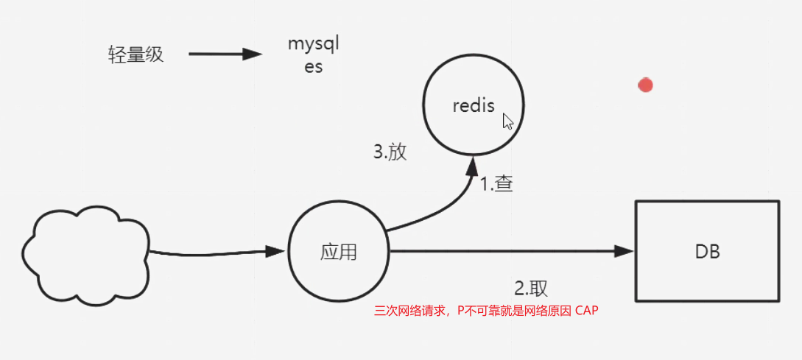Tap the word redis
click(x=474, y=105)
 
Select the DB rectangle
click(x=706, y=250)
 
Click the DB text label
click(x=707, y=252)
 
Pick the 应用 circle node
click(x=339, y=251)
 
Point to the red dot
click(x=646, y=85)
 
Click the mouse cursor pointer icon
click(x=507, y=121)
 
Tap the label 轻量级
click(x=136, y=54)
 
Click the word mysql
click(x=314, y=45)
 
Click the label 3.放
click(x=390, y=152)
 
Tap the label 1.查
click(x=496, y=183)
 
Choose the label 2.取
click(x=530, y=287)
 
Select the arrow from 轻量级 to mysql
click(x=225, y=54)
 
